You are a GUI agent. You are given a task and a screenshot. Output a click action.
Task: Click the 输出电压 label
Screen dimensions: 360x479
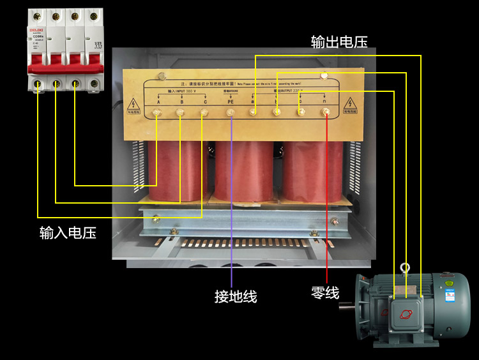(x=338, y=42)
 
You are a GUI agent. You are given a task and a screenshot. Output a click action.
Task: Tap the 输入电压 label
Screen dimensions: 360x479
(x=68, y=232)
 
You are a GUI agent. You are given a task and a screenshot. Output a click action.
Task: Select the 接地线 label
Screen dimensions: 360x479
(x=236, y=297)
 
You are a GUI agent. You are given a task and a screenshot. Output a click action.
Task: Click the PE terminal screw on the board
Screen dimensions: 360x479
(x=231, y=114)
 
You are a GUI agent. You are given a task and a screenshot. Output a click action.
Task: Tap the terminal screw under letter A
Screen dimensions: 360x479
(x=156, y=114)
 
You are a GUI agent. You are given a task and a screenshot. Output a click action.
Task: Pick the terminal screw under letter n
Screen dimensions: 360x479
(x=326, y=114)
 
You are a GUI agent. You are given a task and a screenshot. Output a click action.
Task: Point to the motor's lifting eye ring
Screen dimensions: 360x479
(x=404, y=269)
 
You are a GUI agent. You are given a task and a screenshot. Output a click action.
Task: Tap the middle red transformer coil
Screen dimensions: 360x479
(x=245, y=172)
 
